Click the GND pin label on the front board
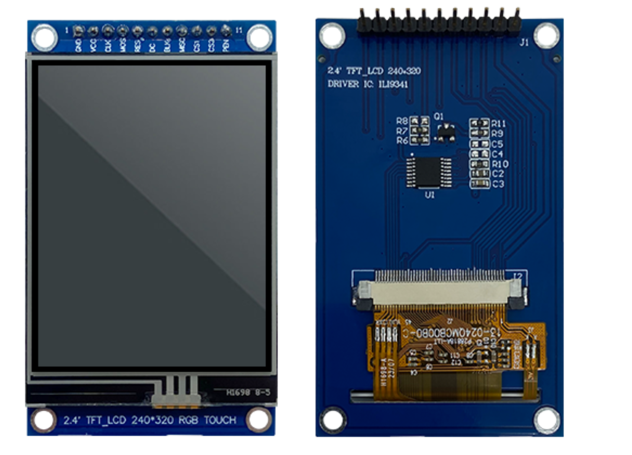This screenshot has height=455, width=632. point(78,45)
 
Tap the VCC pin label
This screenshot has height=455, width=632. point(93,45)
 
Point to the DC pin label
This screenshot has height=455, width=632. point(152,46)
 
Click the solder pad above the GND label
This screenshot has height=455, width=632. point(78,31)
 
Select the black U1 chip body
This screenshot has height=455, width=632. point(428,172)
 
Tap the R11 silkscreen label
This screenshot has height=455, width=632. point(498,124)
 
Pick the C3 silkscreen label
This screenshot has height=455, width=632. point(498,184)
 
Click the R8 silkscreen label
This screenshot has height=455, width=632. point(402,121)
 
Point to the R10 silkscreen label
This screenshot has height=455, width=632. point(500,164)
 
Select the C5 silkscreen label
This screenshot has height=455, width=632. point(497,144)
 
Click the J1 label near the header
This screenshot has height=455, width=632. point(524,42)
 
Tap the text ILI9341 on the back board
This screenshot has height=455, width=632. point(393,84)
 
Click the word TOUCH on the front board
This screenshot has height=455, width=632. point(220,420)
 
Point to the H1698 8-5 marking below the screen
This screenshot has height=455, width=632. point(248,392)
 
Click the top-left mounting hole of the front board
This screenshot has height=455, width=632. point(44,36)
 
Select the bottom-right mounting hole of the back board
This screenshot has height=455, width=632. point(546,419)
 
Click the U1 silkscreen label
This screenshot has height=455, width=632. point(429,195)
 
